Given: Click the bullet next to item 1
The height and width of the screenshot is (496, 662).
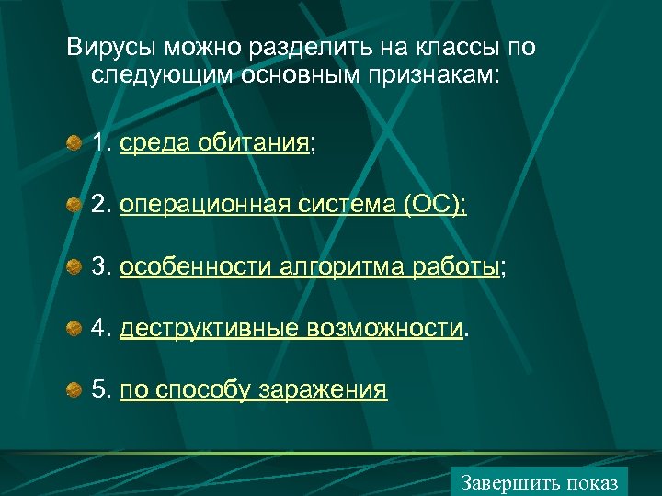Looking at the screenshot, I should (74, 143).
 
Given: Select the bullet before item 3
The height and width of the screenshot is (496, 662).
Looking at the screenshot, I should (74, 267).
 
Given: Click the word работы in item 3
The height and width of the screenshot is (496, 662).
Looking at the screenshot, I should (458, 267).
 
